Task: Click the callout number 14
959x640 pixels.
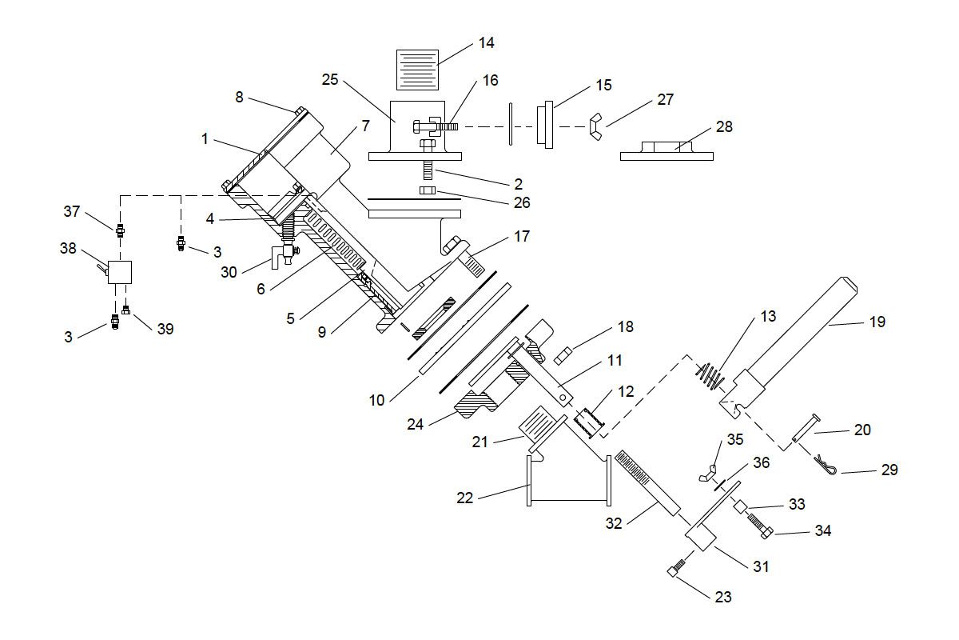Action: point(486,43)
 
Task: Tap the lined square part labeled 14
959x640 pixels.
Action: point(418,69)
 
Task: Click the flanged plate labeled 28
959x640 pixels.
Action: point(667,150)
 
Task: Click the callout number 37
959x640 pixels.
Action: point(73,211)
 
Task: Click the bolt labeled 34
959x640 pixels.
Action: point(760,526)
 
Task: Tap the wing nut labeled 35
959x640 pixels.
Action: point(707,472)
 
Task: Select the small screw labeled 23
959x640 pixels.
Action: point(676,570)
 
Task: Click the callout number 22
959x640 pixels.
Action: point(465,498)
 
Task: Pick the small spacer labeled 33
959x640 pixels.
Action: point(740,506)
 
